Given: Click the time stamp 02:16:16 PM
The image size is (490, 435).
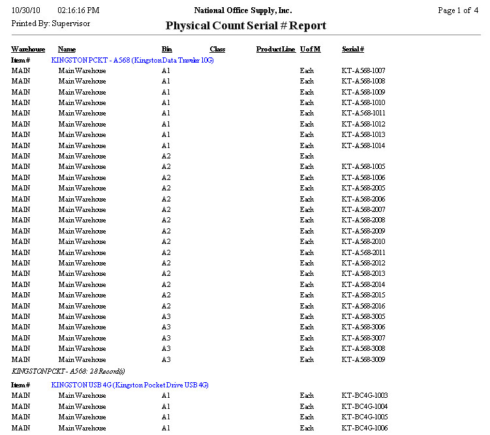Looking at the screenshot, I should point(78,10).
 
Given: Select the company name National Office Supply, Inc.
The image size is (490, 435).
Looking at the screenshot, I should point(243,10).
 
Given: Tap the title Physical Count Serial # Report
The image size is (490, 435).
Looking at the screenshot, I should point(245,26).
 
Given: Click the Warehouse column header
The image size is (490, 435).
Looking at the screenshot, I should point(28,50).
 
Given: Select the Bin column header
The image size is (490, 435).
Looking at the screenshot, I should point(167,50).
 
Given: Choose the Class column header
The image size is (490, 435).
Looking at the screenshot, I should point(217,50).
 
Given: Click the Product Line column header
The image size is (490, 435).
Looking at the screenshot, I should point(275,50).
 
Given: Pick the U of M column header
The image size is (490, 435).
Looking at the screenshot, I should point(310,50).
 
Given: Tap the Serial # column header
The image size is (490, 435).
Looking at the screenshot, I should point(353,50).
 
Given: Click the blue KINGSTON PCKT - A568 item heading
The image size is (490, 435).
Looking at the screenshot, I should point(132,60).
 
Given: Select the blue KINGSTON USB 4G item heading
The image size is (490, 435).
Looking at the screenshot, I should point(130,385).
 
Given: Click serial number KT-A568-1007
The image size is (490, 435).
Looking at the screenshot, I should point(363,70).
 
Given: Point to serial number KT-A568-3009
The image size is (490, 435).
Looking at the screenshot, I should point(363,359).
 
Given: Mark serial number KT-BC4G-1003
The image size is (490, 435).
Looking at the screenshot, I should point(364,396).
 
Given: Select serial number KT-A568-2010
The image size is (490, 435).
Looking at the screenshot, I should point(363,242).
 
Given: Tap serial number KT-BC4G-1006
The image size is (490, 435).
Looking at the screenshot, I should point(364,428).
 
